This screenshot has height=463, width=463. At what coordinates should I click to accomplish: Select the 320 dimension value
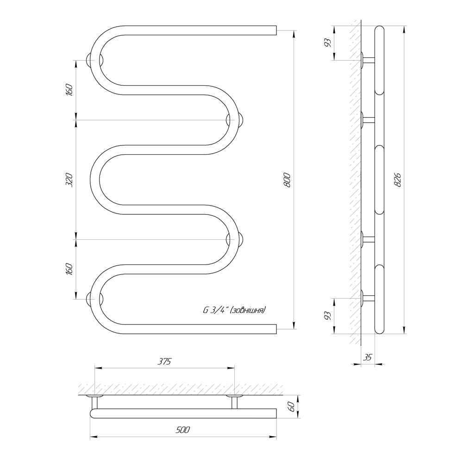point(69,180)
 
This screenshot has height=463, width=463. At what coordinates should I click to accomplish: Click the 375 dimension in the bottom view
point(164,362)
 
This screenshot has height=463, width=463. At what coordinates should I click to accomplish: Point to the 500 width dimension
point(183,430)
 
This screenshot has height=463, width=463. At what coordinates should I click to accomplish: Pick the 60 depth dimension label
point(291,407)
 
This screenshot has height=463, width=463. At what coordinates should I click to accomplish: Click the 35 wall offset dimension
point(367,357)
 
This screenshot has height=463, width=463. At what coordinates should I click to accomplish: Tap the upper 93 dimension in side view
point(328,43)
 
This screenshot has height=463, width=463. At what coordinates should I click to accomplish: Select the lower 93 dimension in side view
point(328,316)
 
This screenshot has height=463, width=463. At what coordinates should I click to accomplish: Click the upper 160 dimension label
point(69,90)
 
